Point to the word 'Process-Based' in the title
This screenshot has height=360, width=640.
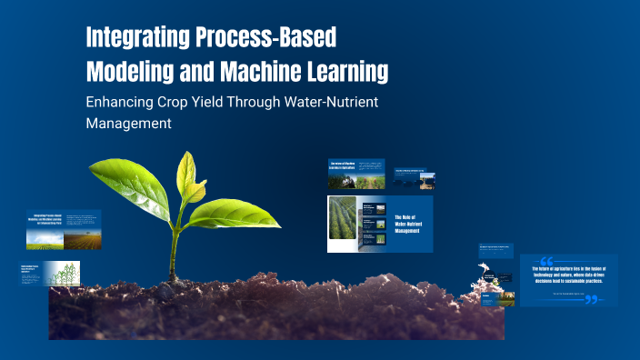(x=274, y=38)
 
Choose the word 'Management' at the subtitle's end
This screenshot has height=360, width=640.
(x=128, y=124)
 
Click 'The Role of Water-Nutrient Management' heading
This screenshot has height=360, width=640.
(x=408, y=224)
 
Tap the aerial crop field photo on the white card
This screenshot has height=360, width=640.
(x=343, y=223)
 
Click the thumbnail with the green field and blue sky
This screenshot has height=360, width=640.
(x=45, y=239)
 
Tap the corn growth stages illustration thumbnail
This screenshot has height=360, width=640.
(x=64, y=273)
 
